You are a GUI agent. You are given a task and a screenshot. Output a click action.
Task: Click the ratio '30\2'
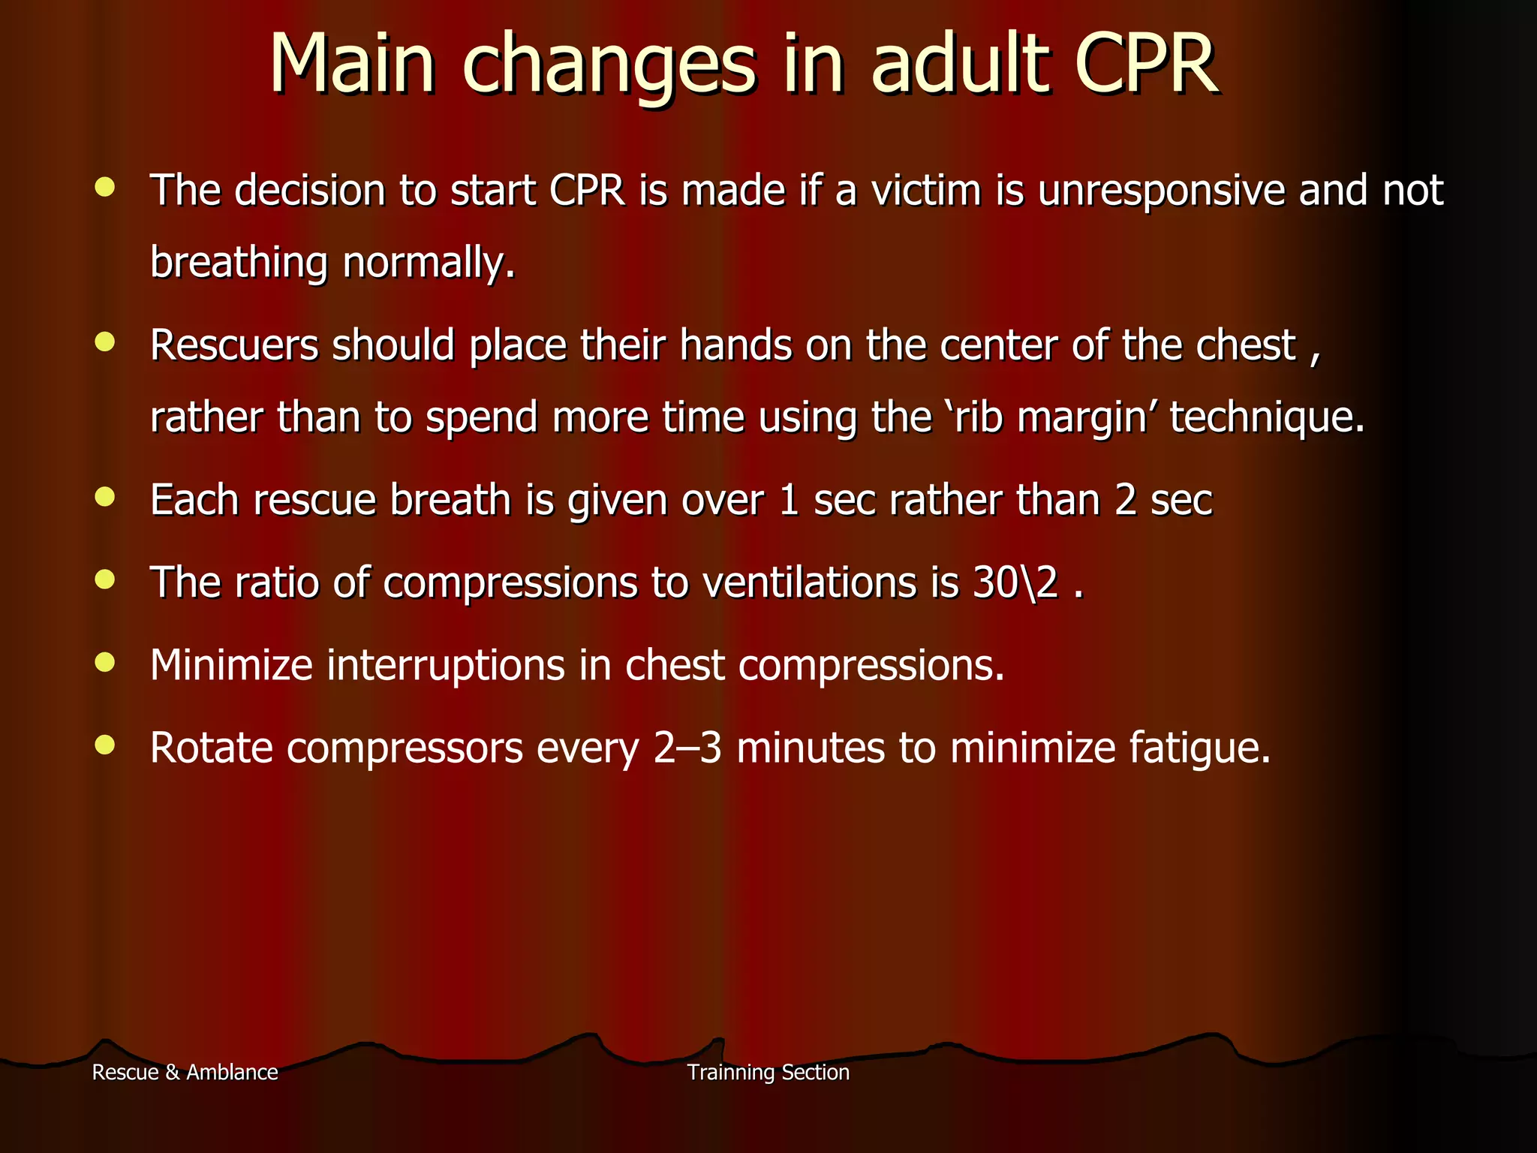[x=1016, y=583]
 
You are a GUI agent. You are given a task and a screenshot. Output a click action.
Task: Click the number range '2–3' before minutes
[x=687, y=748]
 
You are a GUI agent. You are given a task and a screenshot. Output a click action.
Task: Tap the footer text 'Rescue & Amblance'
[x=185, y=1072]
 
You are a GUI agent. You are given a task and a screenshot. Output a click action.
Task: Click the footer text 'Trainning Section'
[x=768, y=1072]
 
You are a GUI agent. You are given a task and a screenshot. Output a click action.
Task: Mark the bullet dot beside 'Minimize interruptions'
[x=105, y=662]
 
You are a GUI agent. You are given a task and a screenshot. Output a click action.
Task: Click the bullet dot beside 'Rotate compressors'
[x=105, y=745]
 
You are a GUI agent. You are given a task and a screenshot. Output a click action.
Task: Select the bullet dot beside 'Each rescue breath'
[x=105, y=496]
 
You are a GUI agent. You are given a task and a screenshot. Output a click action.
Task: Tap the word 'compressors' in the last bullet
[x=405, y=749]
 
